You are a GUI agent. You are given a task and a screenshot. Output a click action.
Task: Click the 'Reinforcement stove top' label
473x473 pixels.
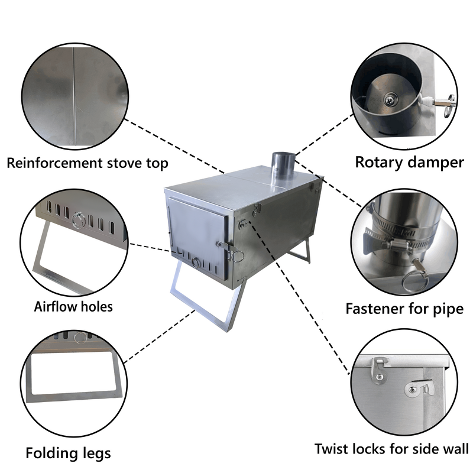pos(88,163)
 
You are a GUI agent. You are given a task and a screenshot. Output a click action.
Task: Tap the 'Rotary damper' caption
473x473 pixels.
pos(409,162)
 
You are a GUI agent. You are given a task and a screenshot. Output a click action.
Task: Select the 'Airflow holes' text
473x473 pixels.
pos(73,307)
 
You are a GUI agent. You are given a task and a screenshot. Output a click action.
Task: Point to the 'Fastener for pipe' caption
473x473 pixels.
pos(404,309)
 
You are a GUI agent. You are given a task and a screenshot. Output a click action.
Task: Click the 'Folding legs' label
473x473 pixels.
pos(68,453)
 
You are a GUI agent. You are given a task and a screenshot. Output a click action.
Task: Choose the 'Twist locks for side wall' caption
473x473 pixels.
pos(391,449)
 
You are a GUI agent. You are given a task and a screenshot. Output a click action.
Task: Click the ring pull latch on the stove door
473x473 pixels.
pos(237,255)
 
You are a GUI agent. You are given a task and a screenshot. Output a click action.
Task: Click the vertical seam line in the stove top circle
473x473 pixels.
pos(75,95)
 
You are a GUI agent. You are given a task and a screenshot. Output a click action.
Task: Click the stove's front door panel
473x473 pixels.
pos(195,237)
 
